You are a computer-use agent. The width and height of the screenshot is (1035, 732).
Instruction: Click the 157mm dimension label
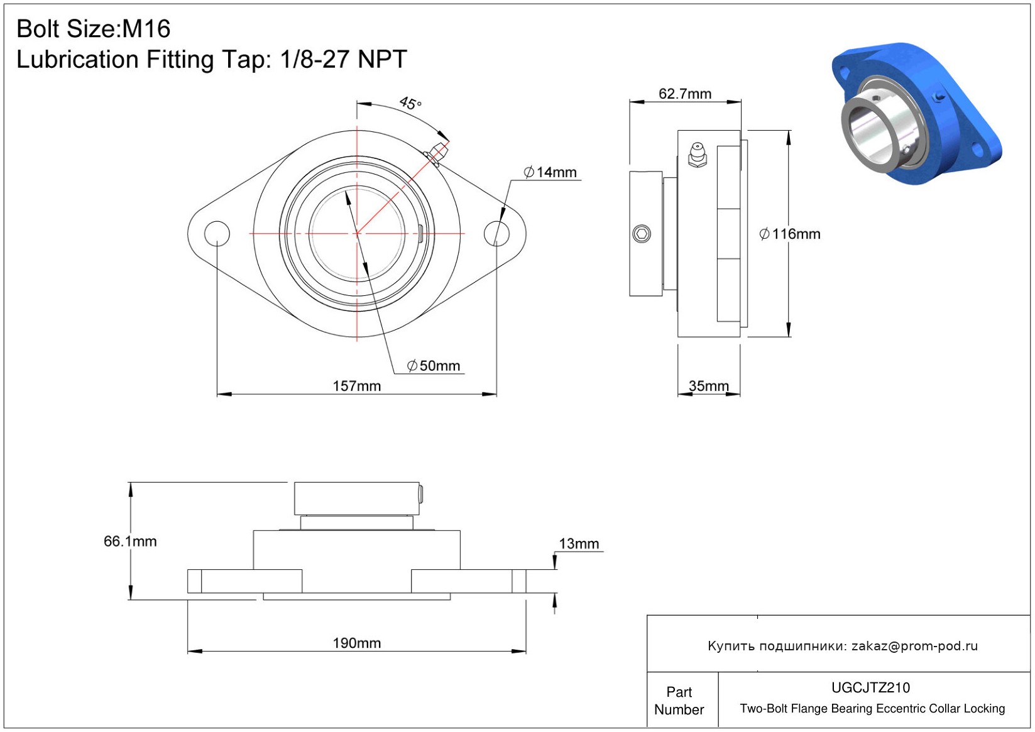click(357, 386)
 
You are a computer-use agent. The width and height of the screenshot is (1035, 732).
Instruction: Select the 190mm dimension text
click(357, 643)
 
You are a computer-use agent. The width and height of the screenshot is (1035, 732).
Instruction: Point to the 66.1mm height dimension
click(130, 541)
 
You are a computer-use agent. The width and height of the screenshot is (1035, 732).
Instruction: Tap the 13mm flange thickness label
click(579, 544)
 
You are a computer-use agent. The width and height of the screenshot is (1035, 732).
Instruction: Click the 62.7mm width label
click(685, 94)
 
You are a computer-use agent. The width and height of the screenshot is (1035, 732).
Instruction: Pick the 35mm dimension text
click(709, 386)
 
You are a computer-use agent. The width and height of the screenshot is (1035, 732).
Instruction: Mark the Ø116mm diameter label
click(790, 234)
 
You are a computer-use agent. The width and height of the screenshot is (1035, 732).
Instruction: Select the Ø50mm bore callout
click(434, 366)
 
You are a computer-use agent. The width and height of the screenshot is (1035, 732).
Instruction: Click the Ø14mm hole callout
click(550, 172)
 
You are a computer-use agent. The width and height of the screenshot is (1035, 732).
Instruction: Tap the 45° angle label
click(410, 102)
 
